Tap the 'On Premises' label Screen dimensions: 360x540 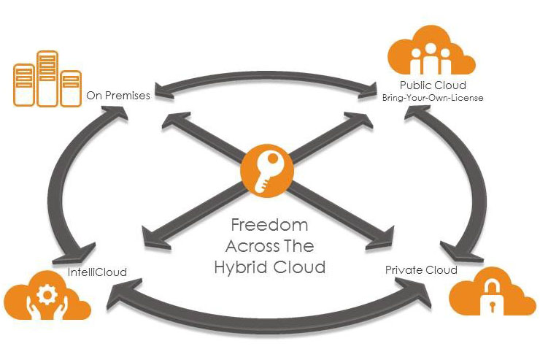(x=118, y=94)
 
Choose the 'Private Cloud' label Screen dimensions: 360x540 (x=421, y=270)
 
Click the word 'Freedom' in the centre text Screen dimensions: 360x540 (x=270, y=224)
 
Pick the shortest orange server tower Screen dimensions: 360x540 (x=71, y=88)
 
